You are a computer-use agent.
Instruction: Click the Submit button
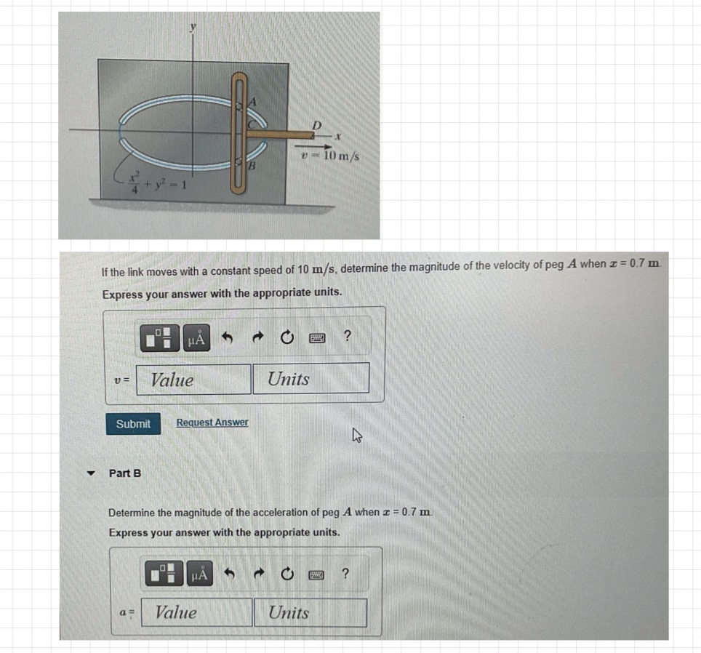[133, 423]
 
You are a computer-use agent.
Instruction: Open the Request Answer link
[212, 422]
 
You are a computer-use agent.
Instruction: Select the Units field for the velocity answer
[311, 379]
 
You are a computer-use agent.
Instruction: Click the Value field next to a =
[197, 612]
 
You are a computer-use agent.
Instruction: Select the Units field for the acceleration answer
[310, 612]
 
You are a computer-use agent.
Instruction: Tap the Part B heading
[125, 473]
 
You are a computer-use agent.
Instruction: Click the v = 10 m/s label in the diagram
[332, 156]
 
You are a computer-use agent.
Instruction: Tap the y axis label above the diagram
[193, 28]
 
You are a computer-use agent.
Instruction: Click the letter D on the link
[316, 124]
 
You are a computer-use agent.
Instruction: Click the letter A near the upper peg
[252, 103]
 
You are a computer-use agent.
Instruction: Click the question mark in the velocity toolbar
[348, 336]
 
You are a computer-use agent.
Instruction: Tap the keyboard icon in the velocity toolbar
[316, 337]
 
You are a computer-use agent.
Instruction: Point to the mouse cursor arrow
[357, 436]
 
